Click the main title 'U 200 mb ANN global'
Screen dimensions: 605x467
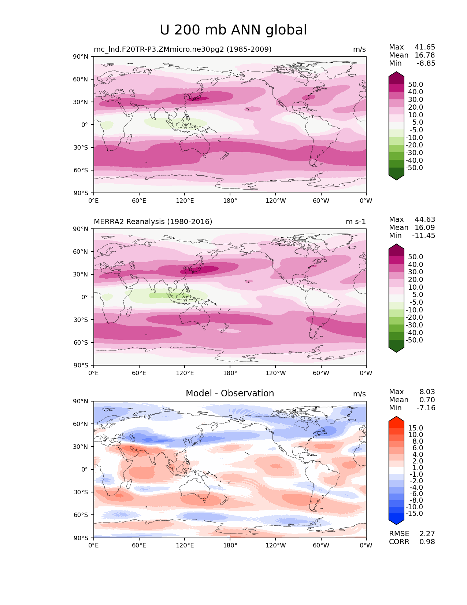[x=233, y=30]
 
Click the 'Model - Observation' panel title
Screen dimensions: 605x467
[x=230, y=393]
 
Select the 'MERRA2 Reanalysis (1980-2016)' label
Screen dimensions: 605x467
[x=153, y=222]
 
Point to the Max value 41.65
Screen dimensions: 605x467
[x=425, y=47]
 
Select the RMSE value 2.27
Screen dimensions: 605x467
[x=427, y=534]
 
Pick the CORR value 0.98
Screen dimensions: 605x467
[x=427, y=542]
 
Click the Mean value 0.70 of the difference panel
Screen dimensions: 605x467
[x=427, y=400]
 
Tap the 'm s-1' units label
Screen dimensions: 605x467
[x=356, y=222]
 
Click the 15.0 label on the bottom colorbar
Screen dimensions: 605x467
[x=416, y=428]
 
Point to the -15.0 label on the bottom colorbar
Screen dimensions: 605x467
[x=414, y=514]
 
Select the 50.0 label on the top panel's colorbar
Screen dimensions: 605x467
[x=416, y=85]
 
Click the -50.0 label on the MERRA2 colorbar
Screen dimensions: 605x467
[x=414, y=340]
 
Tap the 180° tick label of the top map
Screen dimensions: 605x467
[x=230, y=201]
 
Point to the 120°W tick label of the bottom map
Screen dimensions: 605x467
[x=275, y=546]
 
